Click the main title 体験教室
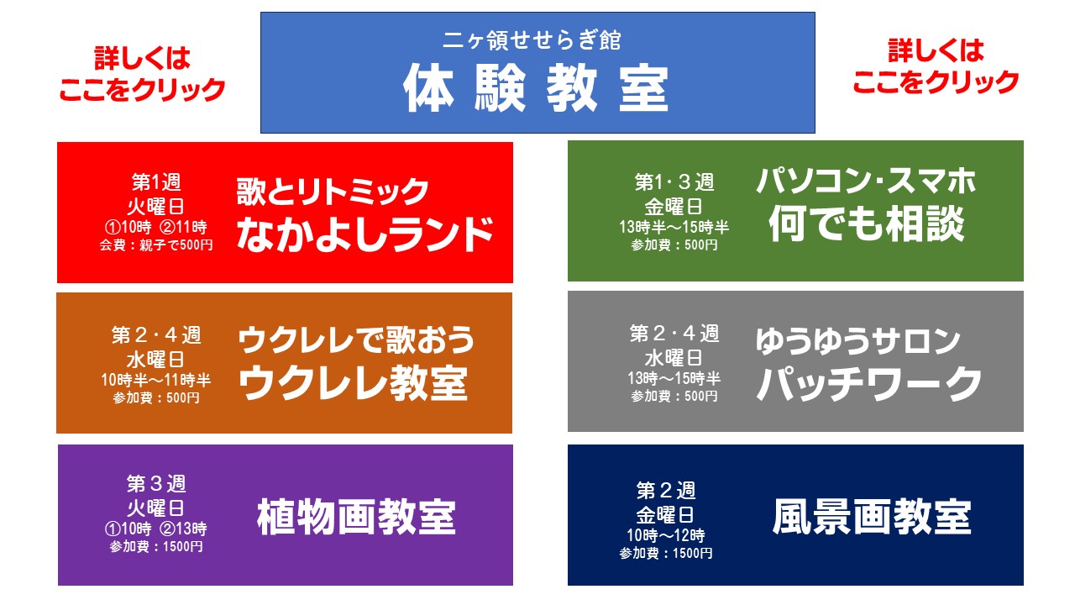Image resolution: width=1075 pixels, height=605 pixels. (x=536, y=88)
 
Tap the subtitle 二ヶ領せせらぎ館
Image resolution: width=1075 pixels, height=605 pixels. (x=532, y=39)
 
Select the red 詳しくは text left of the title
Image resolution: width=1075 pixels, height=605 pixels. (x=143, y=58)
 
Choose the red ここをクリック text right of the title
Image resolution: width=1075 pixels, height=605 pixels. (x=936, y=82)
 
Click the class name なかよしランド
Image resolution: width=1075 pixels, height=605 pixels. (x=365, y=234)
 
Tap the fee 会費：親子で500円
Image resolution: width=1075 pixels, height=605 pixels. (x=156, y=245)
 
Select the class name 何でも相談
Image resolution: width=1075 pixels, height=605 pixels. (x=866, y=224)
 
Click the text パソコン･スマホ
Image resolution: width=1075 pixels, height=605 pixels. (x=866, y=181)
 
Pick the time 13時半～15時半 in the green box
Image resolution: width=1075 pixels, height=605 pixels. (x=674, y=227)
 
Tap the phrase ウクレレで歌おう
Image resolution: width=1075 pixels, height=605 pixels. (x=355, y=339)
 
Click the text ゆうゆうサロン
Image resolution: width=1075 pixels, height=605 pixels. (x=858, y=341)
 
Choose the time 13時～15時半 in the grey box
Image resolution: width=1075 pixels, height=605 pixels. (x=674, y=378)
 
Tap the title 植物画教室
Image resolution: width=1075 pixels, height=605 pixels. (x=356, y=517)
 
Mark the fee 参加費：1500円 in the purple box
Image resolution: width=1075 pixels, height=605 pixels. (x=156, y=546)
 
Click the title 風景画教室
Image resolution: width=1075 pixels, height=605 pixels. (x=872, y=517)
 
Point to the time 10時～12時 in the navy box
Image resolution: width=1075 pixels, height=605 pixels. (x=666, y=535)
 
